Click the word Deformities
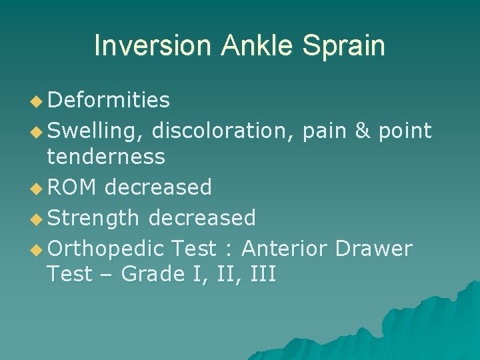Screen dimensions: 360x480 coord(109,101)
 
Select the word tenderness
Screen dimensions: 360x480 coord(106,157)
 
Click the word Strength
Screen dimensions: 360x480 coord(94,218)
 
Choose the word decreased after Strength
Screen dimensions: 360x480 coord(202,218)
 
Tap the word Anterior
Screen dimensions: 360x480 coord(285,249)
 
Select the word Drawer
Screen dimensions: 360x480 coord(374,249)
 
